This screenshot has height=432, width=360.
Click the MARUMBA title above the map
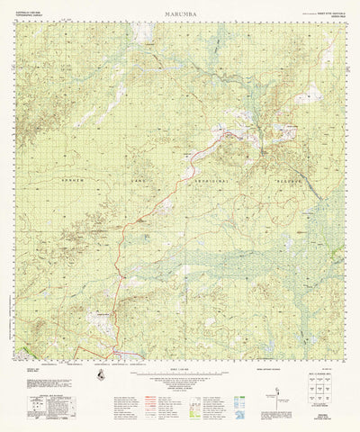pyautogui.click(x=180, y=16)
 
